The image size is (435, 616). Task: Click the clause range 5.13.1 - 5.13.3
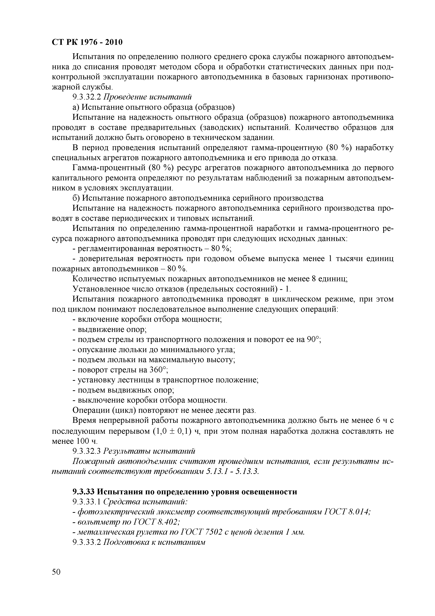click(232, 471)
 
